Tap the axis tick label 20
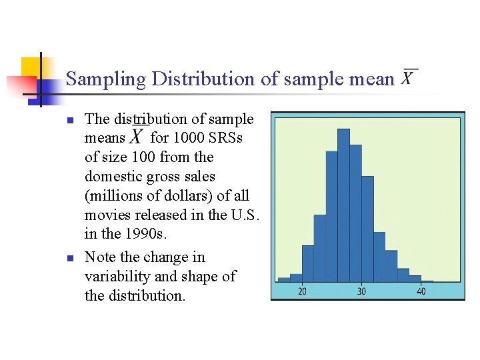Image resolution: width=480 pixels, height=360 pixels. tap(302, 291)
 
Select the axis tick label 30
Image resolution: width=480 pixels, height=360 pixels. tap(361, 291)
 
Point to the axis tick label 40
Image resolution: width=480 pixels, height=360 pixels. tap(421, 291)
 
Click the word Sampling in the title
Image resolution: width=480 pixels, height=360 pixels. tap(106, 79)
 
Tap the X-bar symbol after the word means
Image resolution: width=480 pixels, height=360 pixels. tap(137, 137)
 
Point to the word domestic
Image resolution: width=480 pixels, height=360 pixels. tap(111, 176)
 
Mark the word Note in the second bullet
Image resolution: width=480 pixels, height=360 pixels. tap(99, 257)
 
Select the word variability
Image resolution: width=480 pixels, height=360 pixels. tap(113, 276)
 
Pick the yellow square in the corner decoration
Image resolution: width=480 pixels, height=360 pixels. tap(31, 67)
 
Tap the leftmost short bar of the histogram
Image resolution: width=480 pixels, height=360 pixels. tap(284, 279)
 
